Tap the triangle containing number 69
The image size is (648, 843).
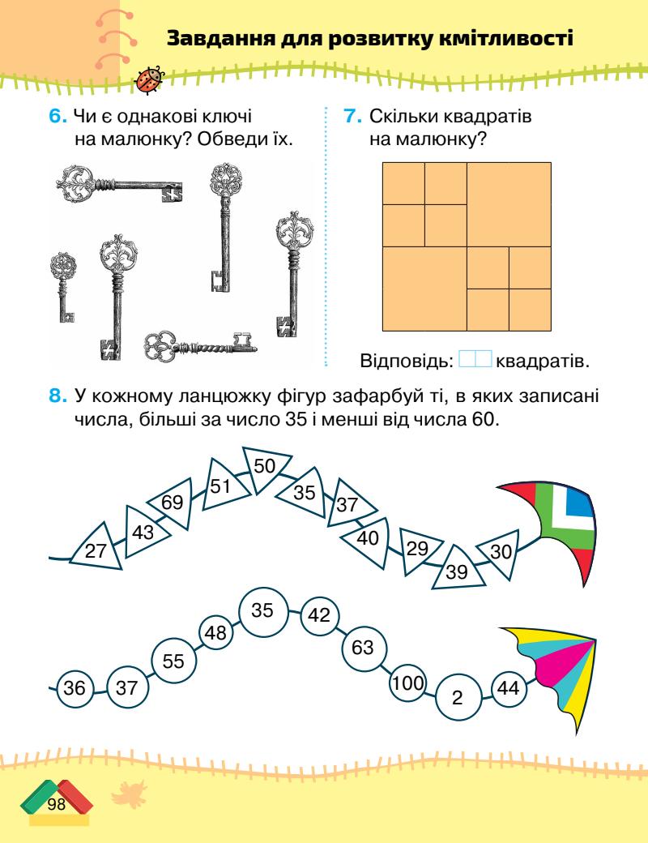[x=171, y=503]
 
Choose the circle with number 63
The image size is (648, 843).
[x=363, y=647]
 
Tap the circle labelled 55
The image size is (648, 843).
[x=173, y=661]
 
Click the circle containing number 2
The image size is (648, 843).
[x=457, y=697]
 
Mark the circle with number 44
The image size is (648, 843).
[x=509, y=688]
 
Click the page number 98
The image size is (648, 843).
[x=56, y=804]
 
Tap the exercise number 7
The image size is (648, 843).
[x=352, y=118]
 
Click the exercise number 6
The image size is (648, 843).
[x=58, y=118]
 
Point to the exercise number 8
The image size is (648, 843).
[x=58, y=396]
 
